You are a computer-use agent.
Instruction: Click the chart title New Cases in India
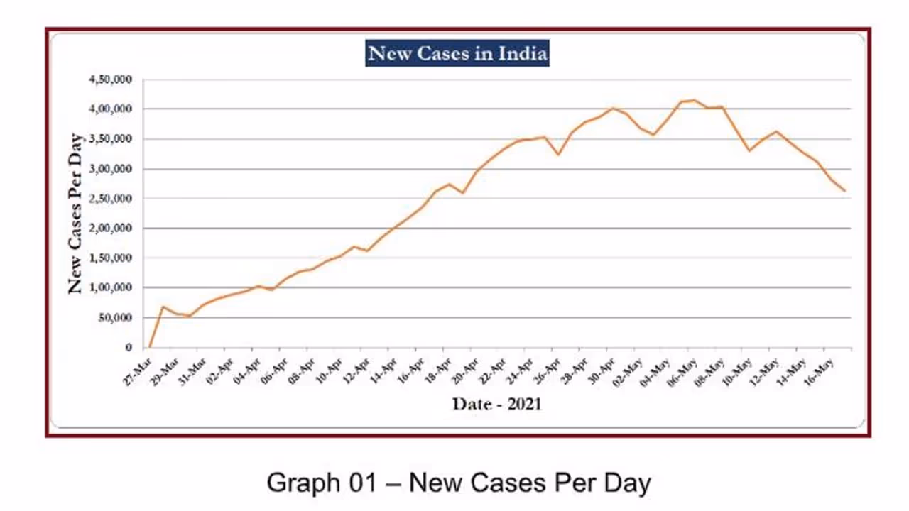tap(457, 54)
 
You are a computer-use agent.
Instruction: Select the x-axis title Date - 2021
tap(496, 404)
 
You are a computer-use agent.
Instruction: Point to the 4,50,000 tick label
tap(110, 79)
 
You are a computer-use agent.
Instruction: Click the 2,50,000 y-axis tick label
tap(110, 199)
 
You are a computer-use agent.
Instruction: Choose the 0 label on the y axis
tap(129, 347)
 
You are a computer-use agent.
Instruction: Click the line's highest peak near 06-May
tap(694, 100)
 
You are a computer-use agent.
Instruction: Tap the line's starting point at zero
tap(150, 347)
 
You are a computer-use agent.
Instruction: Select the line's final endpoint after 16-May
tap(844, 191)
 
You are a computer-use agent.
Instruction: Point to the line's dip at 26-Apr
tap(558, 154)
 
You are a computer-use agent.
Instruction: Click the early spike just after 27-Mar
tap(163, 307)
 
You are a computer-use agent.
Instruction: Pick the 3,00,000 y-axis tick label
tap(110, 169)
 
